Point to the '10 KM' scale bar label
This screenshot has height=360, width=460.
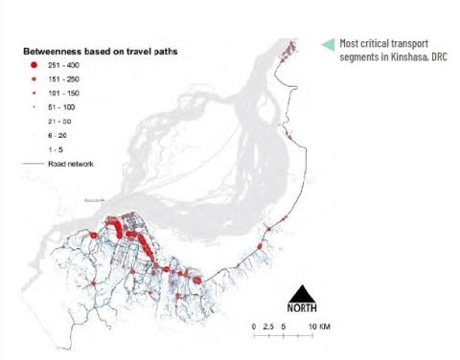point(319,327)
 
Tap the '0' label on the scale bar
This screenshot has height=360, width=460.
point(253,327)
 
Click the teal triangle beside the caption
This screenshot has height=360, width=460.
point(328,44)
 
